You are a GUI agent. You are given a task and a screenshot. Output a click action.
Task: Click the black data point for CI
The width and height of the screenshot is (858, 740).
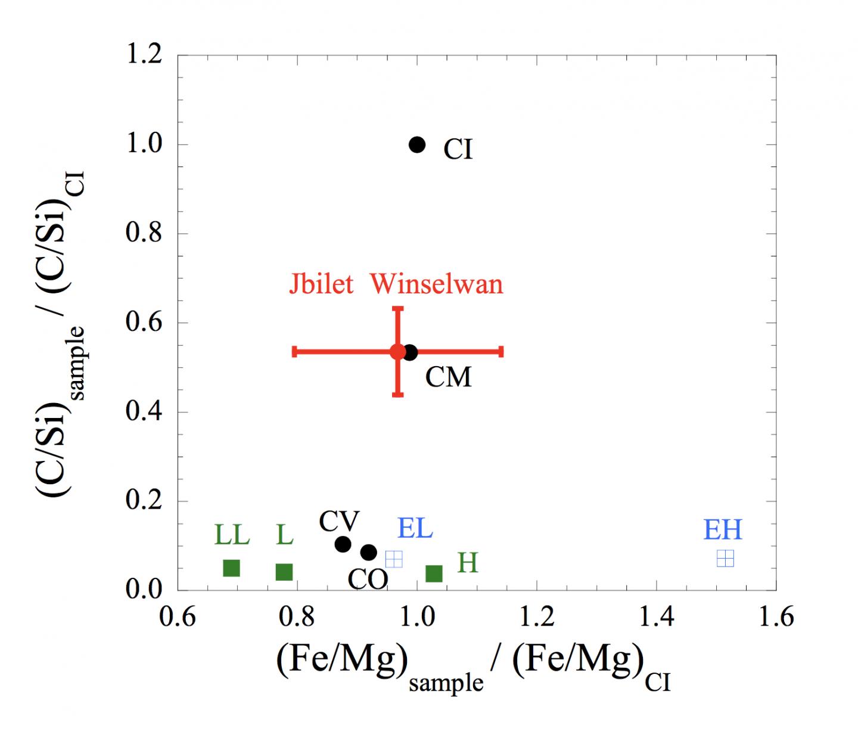pyautogui.click(x=417, y=144)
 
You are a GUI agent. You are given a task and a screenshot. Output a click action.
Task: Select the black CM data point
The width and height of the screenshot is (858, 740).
pyautogui.click(x=411, y=352)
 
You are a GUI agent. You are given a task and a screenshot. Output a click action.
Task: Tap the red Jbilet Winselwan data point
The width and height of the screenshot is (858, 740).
pyautogui.click(x=398, y=351)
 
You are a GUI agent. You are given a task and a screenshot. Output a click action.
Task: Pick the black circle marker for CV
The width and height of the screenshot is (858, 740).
pyautogui.click(x=343, y=544)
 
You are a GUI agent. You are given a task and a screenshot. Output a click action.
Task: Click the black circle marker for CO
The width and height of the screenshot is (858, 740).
pyautogui.click(x=369, y=552)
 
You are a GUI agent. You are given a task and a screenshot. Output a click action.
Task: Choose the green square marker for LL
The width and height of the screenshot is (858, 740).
pyautogui.click(x=231, y=568)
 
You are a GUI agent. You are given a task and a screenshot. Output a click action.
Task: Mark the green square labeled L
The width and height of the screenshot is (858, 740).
pyautogui.click(x=284, y=572)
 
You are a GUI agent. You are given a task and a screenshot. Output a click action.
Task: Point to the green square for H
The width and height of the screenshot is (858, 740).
pyautogui.click(x=434, y=574)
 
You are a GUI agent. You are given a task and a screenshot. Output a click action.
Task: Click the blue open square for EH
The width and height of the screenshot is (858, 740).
pyautogui.click(x=725, y=558)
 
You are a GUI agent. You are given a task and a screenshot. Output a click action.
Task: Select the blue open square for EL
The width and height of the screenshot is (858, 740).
pyautogui.click(x=394, y=559)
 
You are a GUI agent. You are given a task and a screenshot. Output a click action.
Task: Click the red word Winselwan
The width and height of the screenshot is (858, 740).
pyautogui.click(x=437, y=284)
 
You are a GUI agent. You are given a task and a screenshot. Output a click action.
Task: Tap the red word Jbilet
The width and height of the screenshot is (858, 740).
pyautogui.click(x=322, y=284)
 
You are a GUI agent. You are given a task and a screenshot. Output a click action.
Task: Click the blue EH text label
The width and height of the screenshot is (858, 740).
pyautogui.click(x=723, y=530)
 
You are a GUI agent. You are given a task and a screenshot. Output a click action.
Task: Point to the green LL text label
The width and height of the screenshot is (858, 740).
pyautogui.click(x=232, y=535)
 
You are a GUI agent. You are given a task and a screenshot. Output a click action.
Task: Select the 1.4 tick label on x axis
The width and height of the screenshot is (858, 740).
pyautogui.click(x=657, y=617)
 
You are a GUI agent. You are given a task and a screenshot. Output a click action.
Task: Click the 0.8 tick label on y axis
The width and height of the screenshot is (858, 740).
pyautogui.click(x=144, y=233)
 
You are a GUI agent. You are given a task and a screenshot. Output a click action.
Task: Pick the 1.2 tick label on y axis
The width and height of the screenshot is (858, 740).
pyautogui.click(x=144, y=55)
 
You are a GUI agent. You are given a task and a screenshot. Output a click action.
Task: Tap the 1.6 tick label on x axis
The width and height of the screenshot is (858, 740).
pyautogui.click(x=776, y=617)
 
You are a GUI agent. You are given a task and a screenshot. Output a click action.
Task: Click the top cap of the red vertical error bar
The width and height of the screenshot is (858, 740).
pyautogui.click(x=398, y=308)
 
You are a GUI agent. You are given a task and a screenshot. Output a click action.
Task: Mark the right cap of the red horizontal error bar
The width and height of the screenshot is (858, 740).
pyautogui.click(x=502, y=351)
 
